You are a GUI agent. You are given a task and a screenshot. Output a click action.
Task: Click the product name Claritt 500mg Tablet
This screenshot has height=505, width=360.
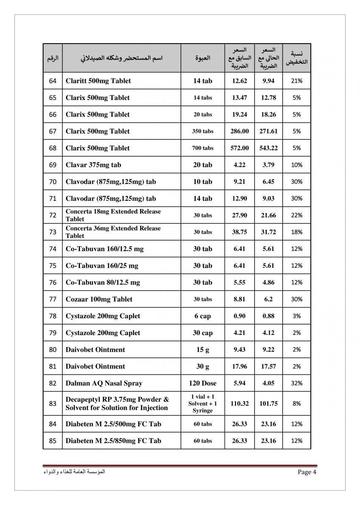pos(98,81)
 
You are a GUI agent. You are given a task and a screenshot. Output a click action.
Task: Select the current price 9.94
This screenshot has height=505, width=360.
pos(269,81)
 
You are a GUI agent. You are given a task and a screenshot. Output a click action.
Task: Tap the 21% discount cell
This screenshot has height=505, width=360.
pos(296,81)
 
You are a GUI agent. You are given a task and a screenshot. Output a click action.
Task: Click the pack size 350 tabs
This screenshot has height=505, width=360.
pos(202,131)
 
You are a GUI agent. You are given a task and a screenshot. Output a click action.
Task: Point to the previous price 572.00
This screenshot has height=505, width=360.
pos(239,148)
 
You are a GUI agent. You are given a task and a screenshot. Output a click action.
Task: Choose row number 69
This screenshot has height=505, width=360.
pos(53,165)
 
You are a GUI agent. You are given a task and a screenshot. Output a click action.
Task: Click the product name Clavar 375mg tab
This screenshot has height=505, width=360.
pos(93,165)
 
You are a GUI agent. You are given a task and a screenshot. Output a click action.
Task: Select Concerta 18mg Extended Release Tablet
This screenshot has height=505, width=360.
pos(113,215)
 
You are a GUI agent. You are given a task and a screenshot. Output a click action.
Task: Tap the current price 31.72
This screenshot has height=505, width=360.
pos(269,232)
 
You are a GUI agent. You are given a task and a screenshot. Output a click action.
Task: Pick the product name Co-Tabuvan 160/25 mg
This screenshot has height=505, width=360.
pos(102,266)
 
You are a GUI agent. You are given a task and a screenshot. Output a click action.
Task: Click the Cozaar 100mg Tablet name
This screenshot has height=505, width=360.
pos(99,299)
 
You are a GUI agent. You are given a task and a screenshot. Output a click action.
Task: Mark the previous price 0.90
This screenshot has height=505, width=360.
pos(239,316)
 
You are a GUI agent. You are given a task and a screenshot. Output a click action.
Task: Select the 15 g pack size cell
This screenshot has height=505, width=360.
pos(202,350)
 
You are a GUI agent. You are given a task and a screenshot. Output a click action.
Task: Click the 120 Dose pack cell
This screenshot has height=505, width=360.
pos(202,383)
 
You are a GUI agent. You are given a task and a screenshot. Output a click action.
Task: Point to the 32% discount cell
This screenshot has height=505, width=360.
pos(296,383)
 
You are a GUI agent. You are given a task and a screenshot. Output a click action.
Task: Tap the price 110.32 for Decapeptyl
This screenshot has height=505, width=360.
pos(239,404)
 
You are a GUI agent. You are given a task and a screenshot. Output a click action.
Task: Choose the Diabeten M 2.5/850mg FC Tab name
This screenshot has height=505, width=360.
pos(113,441)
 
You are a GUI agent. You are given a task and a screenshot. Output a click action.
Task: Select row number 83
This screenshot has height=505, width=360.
pos(53,404)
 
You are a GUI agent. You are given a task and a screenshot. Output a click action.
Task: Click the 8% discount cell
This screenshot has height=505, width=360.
pos(296,404)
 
